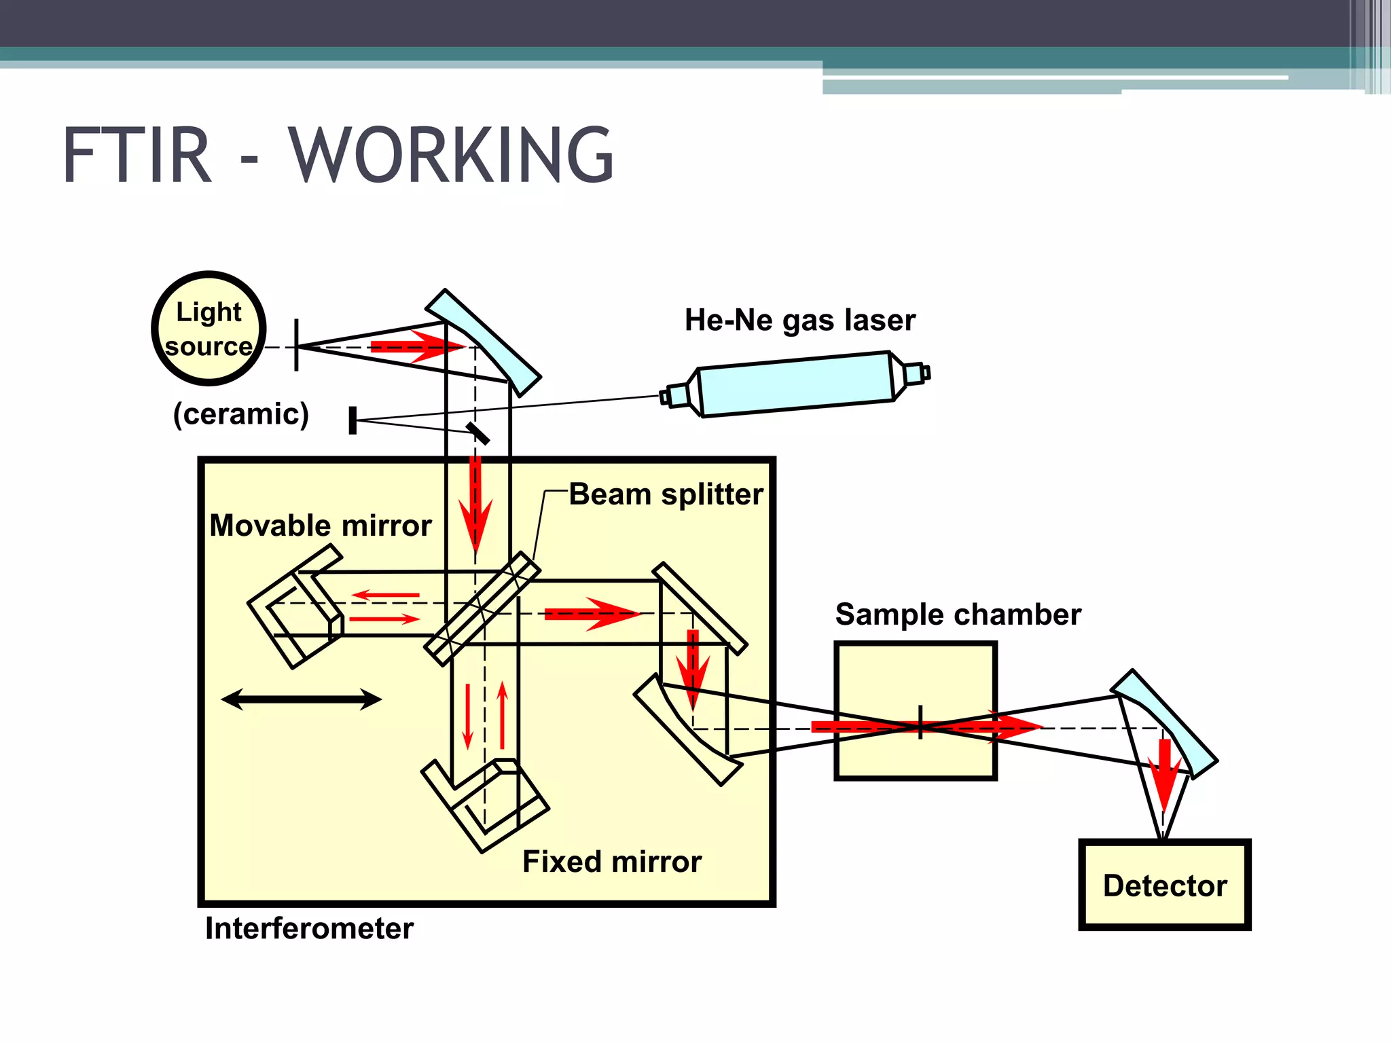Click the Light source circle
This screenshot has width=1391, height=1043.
209,329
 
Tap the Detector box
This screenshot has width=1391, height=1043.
1164,885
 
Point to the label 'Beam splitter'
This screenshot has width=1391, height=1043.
666,494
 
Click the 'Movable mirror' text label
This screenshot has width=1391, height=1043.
321,526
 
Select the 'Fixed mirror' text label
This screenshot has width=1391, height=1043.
611,862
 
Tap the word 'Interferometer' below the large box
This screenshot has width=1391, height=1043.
309,928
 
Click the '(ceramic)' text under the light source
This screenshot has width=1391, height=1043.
241,414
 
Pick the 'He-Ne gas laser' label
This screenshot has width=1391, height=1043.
799,320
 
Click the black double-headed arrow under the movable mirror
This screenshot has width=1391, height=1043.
302,699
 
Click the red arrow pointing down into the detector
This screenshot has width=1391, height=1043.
1165,774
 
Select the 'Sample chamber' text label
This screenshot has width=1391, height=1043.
958,615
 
